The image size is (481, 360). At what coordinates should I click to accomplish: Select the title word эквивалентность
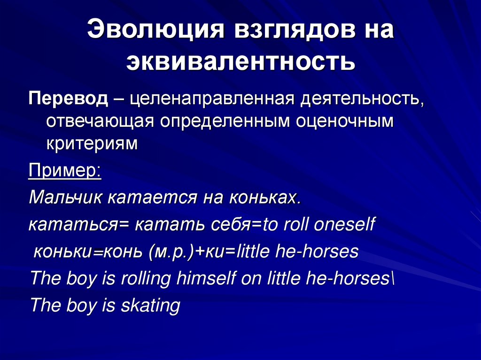pos(240,62)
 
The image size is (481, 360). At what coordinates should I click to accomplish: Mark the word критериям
pos(92,143)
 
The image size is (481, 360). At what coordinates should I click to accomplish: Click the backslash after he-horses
pos(393,279)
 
